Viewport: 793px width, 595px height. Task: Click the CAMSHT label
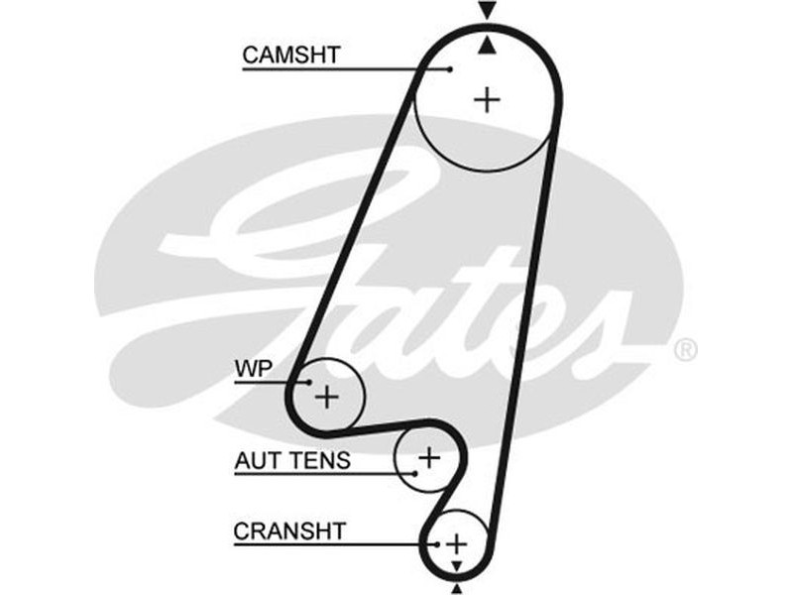(290, 55)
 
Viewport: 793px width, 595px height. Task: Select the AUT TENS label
(291, 460)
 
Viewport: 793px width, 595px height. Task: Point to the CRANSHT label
(289, 532)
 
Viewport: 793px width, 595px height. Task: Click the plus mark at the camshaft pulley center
(487, 99)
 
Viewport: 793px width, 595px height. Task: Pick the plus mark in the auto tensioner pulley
(428, 458)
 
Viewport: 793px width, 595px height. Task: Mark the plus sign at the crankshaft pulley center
(456, 543)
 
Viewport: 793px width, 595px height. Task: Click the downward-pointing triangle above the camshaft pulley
(486, 11)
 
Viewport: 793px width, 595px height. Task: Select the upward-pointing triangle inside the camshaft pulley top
(486, 46)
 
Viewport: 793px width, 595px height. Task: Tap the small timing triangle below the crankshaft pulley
(456, 565)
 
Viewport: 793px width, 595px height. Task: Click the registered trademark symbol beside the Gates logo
(685, 349)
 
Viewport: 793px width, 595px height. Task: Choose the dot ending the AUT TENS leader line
(417, 473)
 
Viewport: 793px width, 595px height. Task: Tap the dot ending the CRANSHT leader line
(434, 544)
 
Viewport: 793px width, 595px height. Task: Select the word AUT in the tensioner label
(256, 460)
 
